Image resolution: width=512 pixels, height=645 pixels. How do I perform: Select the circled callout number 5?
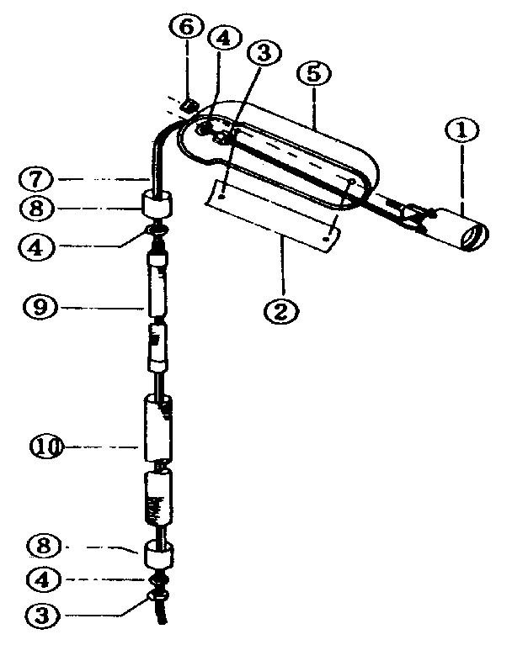coord(313,74)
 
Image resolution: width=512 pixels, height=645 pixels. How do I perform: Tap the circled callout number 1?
coord(461,130)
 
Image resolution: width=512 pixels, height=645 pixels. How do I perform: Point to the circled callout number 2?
coord(281,311)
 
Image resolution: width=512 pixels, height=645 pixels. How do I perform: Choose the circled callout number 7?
coord(36,180)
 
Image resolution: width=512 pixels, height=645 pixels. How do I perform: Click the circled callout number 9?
coord(40,306)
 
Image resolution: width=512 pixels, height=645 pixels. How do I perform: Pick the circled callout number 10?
coord(46,447)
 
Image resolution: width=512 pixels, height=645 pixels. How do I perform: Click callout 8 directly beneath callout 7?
coord(37,209)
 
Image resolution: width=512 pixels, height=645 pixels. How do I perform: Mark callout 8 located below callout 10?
coord(44,546)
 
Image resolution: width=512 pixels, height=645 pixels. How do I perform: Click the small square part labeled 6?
coord(188,107)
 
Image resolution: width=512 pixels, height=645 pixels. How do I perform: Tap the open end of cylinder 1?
coord(474,237)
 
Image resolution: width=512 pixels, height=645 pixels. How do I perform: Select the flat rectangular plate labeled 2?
coord(272,215)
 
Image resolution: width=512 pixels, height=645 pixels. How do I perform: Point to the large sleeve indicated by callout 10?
coord(157,428)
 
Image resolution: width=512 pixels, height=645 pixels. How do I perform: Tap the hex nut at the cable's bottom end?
coord(157,596)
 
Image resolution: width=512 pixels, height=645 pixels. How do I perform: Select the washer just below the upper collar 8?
coord(158,230)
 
